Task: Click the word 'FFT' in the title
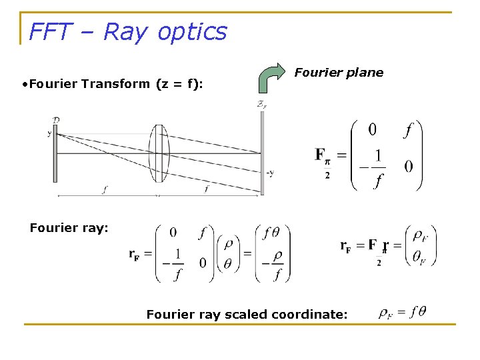(x=51, y=31)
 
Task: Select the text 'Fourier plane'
(x=339, y=73)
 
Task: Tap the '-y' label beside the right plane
(x=269, y=173)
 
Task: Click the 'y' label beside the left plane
(x=49, y=133)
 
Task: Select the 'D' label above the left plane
(x=56, y=119)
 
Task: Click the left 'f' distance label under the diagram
(x=105, y=189)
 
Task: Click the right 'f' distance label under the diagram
(x=207, y=189)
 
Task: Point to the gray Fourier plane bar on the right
(x=262, y=153)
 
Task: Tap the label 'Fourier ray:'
(x=69, y=228)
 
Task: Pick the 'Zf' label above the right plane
(x=261, y=104)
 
